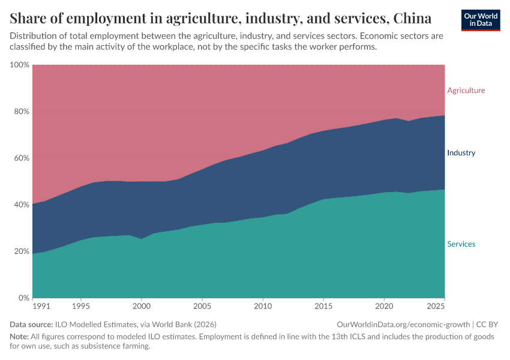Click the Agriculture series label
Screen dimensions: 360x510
(466, 91)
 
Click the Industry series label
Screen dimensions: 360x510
(461, 153)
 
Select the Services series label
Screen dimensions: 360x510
(461, 244)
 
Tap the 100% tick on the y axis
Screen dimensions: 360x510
(20, 65)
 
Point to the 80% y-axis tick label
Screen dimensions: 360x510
(22, 112)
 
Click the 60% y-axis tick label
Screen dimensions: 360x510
(22, 158)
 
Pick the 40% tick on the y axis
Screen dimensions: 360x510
(22, 205)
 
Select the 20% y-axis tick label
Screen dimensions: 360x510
(22, 251)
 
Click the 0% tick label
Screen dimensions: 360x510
(24, 298)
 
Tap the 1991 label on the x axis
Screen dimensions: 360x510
(42, 307)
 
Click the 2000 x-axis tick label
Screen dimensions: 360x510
(142, 307)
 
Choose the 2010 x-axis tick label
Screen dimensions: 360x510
(263, 307)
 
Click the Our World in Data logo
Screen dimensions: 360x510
(481, 20)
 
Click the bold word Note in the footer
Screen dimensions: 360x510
(19, 337)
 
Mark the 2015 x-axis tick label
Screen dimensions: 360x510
(323, 307)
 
